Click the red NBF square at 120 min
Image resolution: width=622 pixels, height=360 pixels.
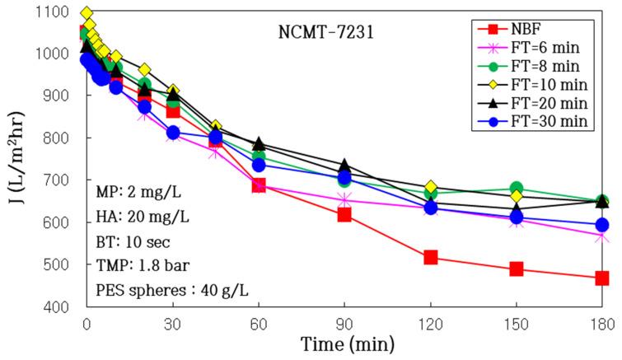(x=430, y=258)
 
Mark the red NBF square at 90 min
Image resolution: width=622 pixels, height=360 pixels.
(x=344, y=215)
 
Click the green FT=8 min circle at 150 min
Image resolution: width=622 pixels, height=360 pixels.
(x=517, y=189)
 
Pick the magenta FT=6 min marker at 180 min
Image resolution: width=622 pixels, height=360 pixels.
(x=602, y=236)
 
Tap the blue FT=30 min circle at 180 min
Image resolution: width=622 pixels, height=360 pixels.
(x=602, y=225)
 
